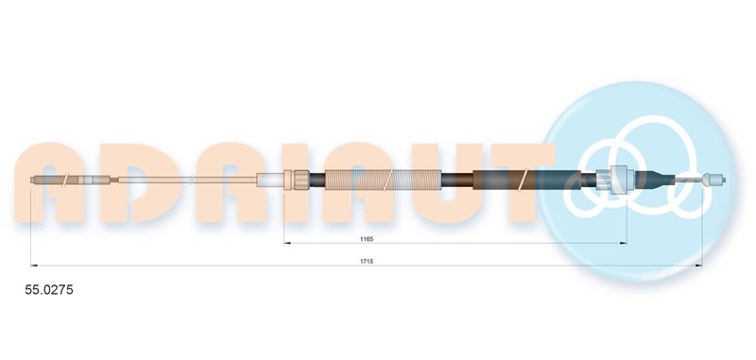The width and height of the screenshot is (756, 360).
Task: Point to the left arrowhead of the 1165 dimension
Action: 288,243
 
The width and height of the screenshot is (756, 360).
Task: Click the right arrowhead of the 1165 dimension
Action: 624,243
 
